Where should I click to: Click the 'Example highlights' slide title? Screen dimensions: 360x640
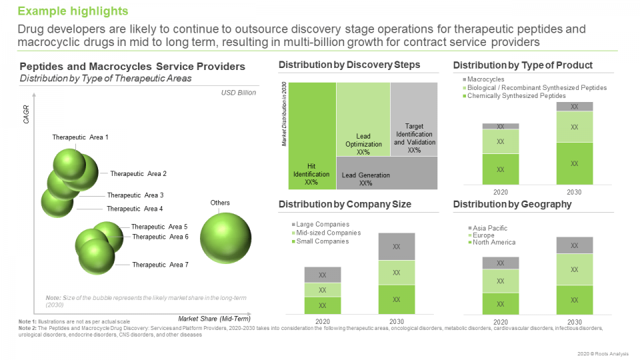(x=73, y=11)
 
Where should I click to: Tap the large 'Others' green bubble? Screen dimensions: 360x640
(x=225, y=237)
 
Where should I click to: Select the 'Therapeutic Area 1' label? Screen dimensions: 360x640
(x=80, y=137)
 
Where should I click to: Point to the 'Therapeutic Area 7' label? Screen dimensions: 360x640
(x=160, y=265)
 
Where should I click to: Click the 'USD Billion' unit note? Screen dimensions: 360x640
(x=238, y=93)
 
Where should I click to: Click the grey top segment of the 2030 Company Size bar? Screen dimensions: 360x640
(x=397, y=246)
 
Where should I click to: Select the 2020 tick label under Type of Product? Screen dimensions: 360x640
(x=500, y=192)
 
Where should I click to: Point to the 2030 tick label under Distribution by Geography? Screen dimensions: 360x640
(x=574, y=322)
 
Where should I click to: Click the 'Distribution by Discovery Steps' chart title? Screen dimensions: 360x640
(x=349, y=65)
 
